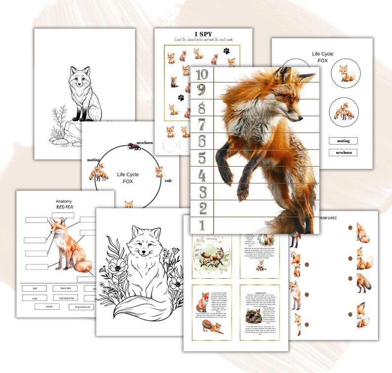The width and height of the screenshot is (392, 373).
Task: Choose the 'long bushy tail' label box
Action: [x=84, y=306]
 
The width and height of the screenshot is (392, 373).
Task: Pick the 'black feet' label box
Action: [x=66, y=288]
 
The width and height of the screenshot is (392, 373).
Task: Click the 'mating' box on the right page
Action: [x=343, y=141]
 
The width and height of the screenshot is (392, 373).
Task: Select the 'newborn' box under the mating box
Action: [x=343, y=153]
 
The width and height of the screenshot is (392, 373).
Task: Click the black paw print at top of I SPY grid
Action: [x=226, y=50]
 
